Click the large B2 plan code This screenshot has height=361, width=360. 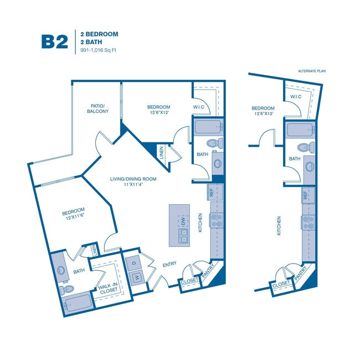coord(54,42)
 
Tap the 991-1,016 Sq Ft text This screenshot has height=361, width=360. coord(99,50)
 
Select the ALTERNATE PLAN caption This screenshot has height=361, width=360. coord(311,71)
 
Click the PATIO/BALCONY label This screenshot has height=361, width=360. coord(97,108)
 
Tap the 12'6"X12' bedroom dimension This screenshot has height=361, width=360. coord(158,112)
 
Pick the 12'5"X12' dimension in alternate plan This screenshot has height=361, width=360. coord(263,114)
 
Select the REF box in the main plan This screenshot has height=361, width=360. coord(211,192)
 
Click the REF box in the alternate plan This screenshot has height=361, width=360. coord(305,195)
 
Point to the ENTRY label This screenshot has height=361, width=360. coord(169,265)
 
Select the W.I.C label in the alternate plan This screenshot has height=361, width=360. coord(295,97)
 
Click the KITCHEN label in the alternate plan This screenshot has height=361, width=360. coord(279,226)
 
